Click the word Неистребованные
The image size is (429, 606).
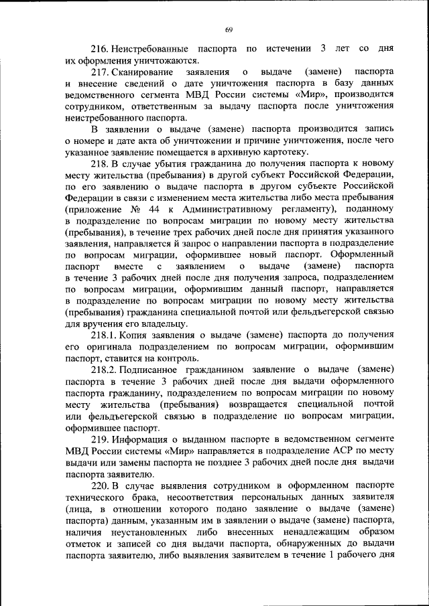click(x=154, y=50)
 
